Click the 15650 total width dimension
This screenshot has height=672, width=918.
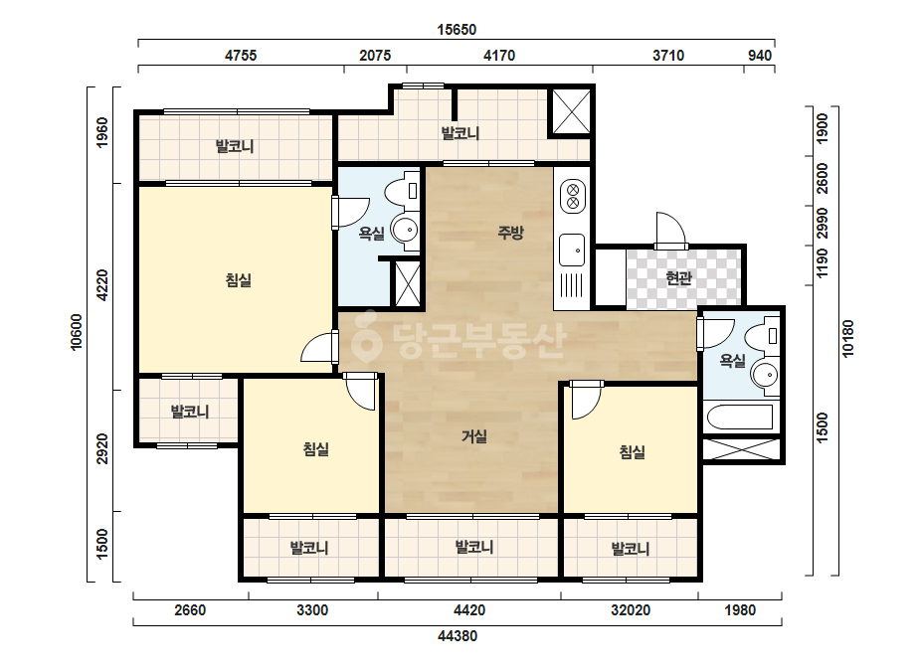coord(457,29)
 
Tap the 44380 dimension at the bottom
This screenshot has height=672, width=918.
coord(458,635)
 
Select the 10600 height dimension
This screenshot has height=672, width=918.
coord(77,332)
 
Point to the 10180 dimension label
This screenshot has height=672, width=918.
coord(847,338)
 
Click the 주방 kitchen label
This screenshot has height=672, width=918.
coord(510,233)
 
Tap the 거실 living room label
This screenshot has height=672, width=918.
coord(474,436)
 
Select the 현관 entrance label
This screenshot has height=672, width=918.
coord(679,278)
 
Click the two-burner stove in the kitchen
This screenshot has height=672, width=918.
coord(573,196)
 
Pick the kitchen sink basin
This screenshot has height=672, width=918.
coord(572,250)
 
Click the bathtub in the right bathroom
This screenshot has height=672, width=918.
coord(741,418)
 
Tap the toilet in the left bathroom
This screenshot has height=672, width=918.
coord(402,192)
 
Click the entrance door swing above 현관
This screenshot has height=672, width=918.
coord(670,229)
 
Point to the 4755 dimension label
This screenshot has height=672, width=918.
coord(241,56)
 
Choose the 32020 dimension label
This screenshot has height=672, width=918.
coord(631,610)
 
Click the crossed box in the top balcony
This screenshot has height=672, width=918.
coord(572,111)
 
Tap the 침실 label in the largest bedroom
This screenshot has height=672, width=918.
coord(239,280)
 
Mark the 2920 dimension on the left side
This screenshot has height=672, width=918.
coord(102,449)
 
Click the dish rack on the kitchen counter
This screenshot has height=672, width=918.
coord(572,286)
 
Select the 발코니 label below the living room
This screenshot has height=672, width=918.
coord(474,548)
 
